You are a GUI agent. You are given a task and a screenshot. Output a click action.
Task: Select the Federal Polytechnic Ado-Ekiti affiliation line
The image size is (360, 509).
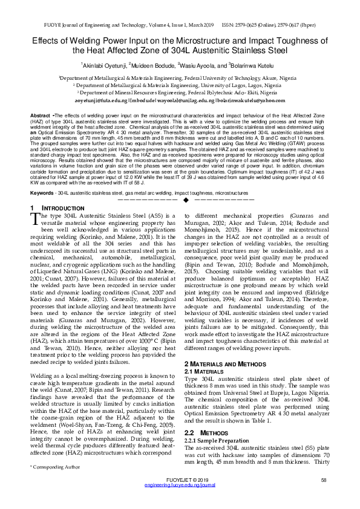click(x=180, y=93)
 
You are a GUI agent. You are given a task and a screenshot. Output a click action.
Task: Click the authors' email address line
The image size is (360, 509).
click(x=180, y=100)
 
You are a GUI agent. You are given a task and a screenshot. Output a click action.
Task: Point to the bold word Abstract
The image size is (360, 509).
click(x=40, y=114)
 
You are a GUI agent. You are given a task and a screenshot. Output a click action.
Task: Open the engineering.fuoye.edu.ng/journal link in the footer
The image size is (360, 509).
click(x=180, y=502)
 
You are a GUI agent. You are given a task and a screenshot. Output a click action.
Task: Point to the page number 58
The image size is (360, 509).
click(x=324, y=497)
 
